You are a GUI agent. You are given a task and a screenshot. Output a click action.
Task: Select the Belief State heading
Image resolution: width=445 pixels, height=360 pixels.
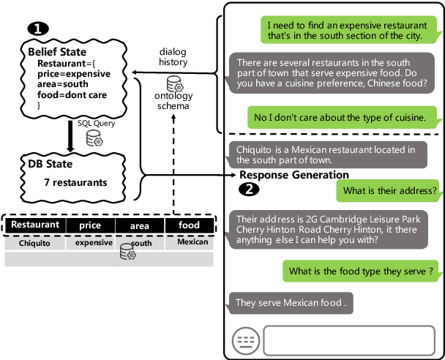57,53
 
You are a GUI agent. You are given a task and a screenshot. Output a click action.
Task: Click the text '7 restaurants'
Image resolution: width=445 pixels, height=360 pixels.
75,181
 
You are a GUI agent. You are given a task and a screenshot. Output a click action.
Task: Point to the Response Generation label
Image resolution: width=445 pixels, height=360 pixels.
294,175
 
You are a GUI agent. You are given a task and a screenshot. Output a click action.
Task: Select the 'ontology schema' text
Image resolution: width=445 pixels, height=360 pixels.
173,101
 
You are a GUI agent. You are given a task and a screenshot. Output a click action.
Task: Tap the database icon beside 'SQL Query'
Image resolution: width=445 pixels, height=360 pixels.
94,138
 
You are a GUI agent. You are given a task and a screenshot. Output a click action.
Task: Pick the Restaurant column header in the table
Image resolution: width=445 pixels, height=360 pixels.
35,225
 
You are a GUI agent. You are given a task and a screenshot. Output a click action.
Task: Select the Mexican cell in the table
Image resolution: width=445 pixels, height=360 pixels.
192,241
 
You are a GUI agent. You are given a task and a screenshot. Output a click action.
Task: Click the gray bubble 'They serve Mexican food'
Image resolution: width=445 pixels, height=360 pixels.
291,301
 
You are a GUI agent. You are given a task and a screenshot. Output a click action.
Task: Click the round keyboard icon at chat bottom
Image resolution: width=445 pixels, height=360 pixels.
246,340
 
